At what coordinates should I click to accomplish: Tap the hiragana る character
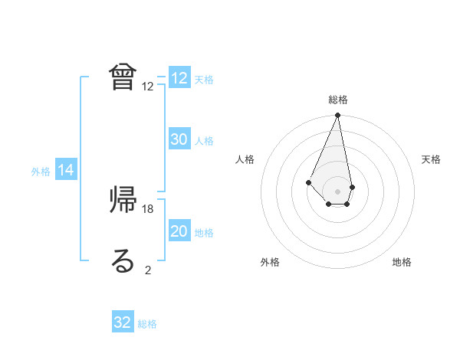123,260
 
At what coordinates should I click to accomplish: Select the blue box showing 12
179,78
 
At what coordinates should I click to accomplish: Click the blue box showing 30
179,139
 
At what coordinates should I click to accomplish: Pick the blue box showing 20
179,231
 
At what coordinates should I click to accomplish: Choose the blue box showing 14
66,171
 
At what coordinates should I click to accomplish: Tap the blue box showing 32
123,322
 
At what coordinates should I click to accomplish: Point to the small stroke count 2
148,270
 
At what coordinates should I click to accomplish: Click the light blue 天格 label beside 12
204,80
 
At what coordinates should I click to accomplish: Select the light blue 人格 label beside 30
204,141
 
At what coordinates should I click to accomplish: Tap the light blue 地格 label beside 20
204,233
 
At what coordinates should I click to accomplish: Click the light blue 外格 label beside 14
41,172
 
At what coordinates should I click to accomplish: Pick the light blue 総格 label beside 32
147,324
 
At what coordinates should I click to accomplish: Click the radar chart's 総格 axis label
338,100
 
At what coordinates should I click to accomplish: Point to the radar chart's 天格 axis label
432,159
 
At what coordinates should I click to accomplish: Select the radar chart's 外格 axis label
270,263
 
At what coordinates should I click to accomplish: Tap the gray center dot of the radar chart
338,191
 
